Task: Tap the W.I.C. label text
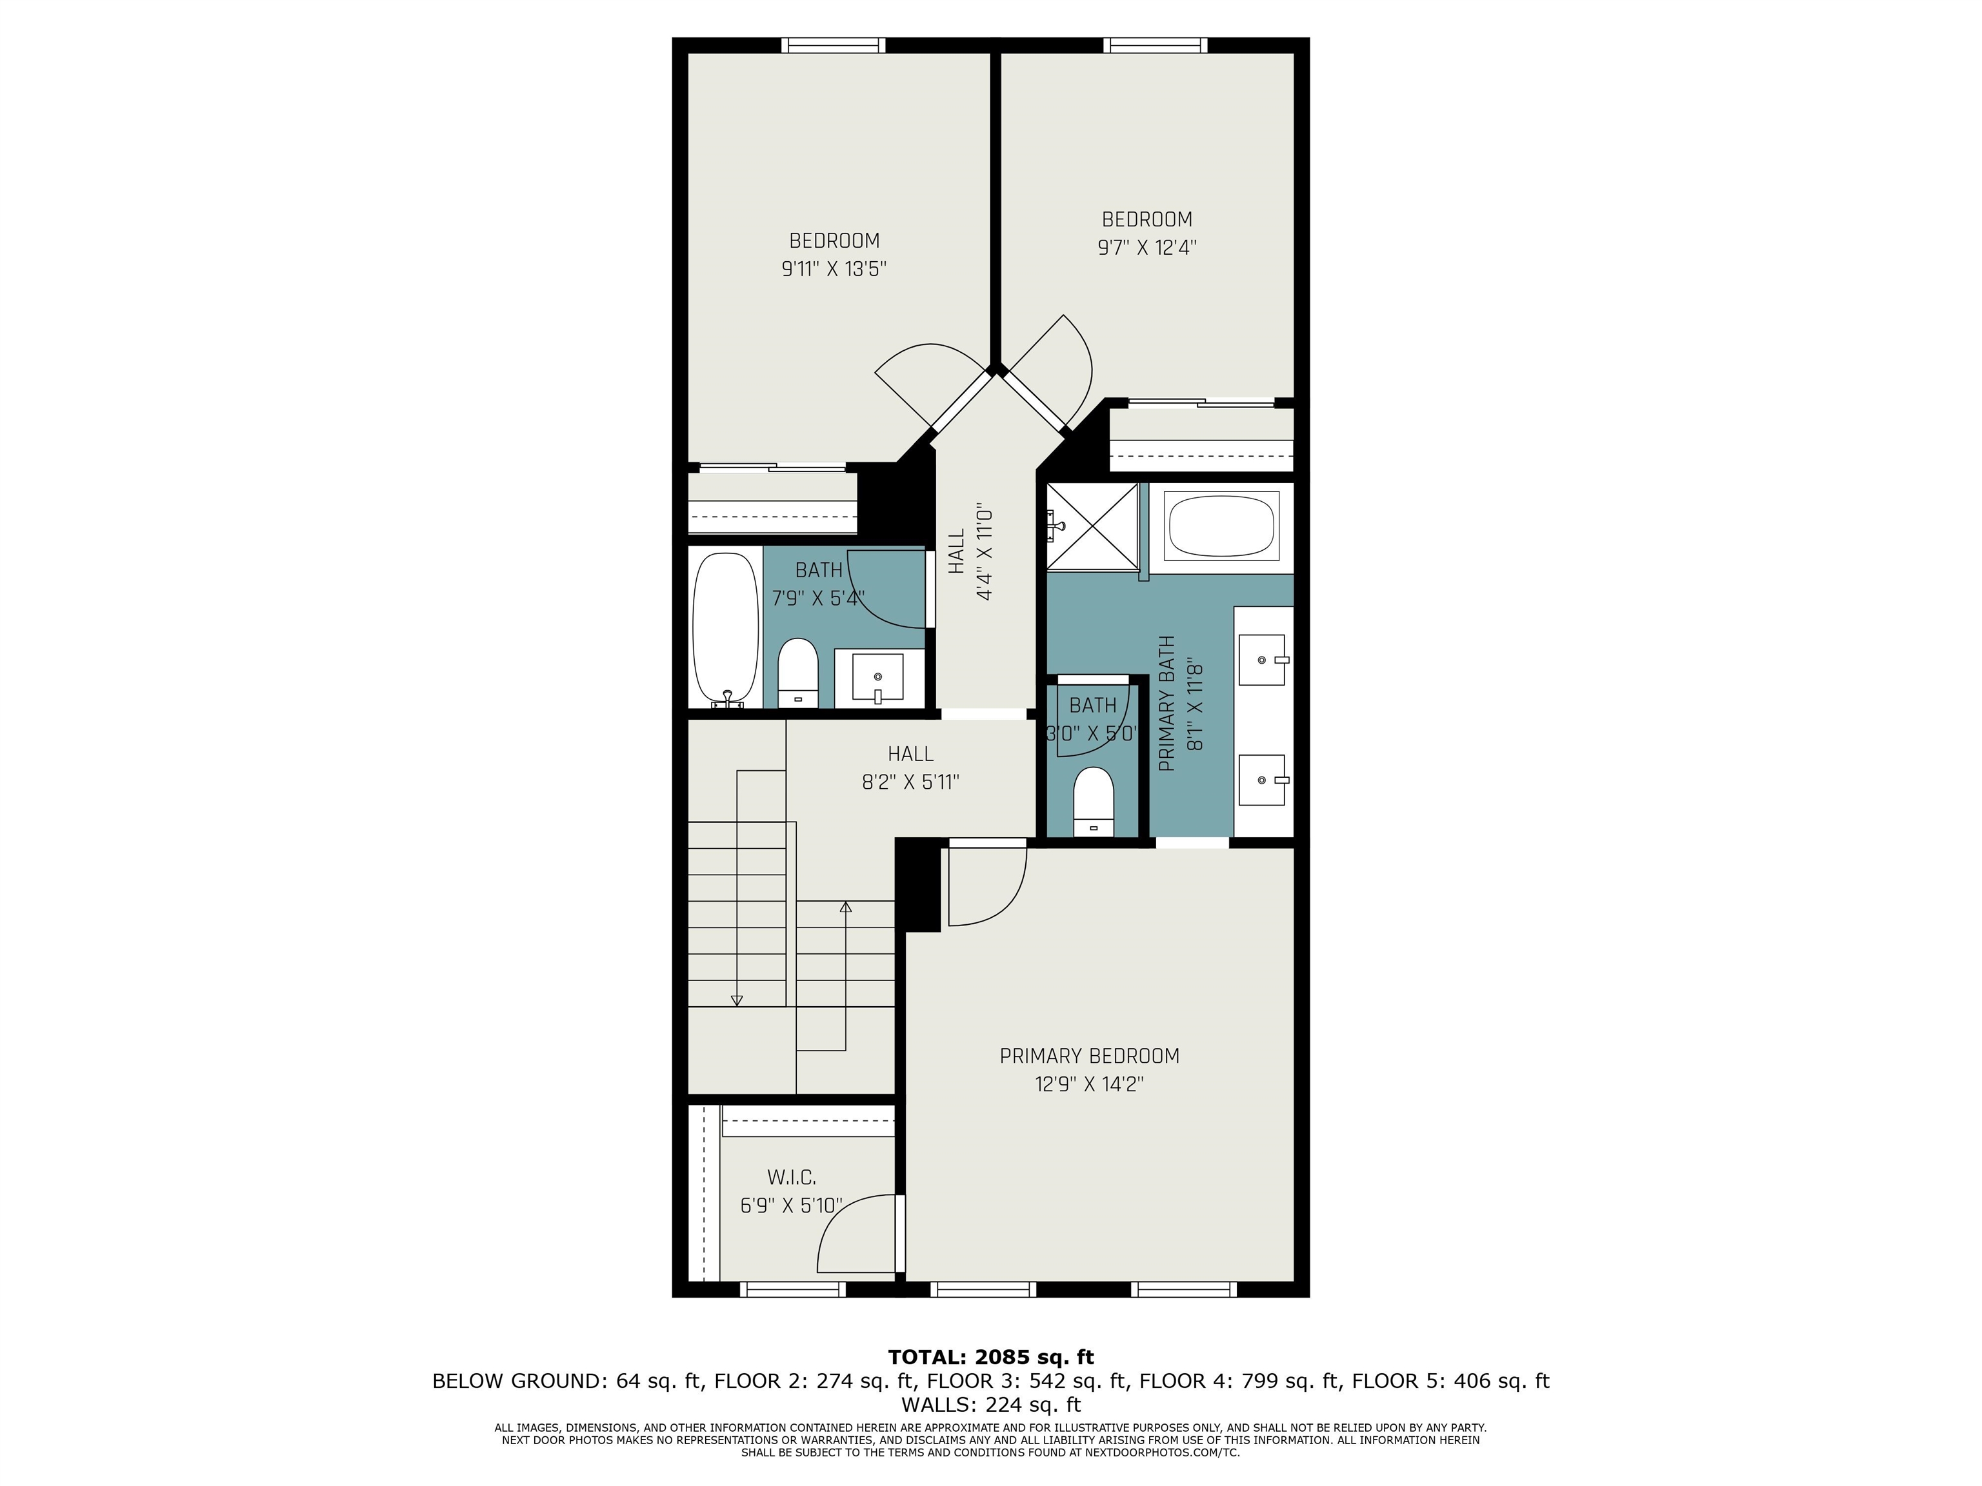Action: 791,1177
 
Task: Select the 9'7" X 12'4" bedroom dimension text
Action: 1147,247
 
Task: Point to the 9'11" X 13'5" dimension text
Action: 834,269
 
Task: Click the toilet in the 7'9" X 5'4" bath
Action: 797,672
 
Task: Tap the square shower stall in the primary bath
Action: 1092,525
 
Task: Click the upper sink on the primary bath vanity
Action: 1261,660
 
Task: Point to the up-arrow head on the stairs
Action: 845,906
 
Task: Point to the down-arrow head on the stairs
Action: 737,1000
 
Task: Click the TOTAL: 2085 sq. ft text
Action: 990,1357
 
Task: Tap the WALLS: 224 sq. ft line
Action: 990,1405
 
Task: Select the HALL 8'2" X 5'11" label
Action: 910,768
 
